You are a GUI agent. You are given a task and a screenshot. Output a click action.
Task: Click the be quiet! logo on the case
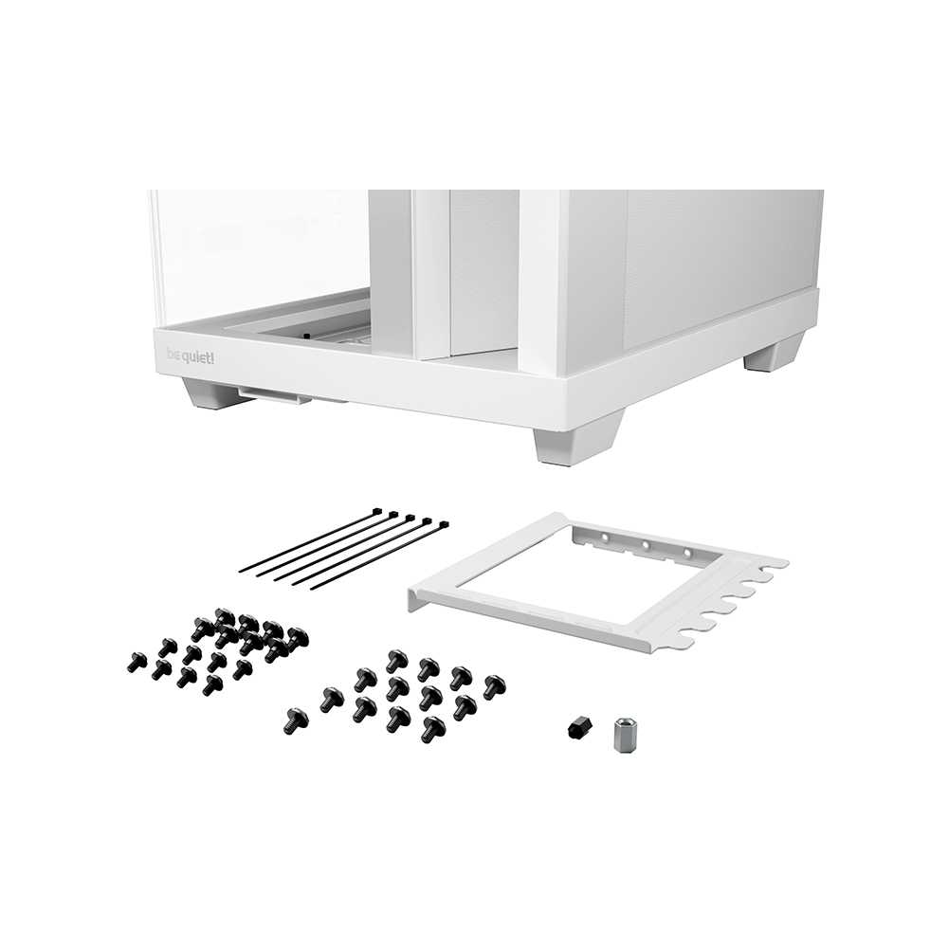pos(190,356)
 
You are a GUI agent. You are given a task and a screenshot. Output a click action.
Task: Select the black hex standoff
pos(580,727)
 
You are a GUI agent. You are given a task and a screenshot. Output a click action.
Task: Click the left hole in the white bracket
pos(604,537)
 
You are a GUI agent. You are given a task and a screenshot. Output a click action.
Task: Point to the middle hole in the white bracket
pos(646,545)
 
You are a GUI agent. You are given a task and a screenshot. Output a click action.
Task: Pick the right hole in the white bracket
pos(686,553)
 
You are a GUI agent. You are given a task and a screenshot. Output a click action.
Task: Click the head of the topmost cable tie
pos(376,512)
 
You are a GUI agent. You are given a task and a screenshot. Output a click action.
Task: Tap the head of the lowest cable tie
pos(444,525)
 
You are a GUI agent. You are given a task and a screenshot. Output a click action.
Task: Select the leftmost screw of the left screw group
pos(137,662)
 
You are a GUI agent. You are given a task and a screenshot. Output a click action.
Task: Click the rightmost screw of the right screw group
pos(495,687)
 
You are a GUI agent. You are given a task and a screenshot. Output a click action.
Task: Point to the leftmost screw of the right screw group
pos(296,721)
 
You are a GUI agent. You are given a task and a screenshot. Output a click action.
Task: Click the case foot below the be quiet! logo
pos(210,394)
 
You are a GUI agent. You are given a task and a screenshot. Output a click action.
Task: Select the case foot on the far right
pos(774,355)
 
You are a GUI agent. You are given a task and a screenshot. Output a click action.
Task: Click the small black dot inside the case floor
pos(306,337)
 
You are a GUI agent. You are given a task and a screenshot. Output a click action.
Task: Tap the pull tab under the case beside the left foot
pos(275,396)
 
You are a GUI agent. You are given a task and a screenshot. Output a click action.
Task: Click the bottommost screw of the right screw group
pos(433,730)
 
